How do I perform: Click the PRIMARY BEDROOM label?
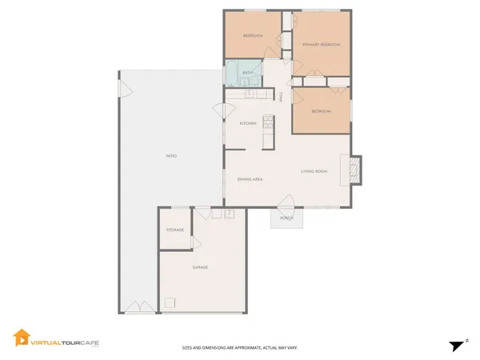click(x=321, y=45)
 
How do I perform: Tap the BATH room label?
click(x=248, y=73)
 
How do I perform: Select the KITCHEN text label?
click(x=248, y=123)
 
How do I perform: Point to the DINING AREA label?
click(x=250, y=179)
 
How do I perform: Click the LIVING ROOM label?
click(x=314, y=171)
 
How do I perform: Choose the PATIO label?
click(x=171, y=155)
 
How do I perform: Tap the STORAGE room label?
click(x=175, y=230)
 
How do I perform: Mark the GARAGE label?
click(x=200, y=267)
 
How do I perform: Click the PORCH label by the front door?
click(x=286, y=218)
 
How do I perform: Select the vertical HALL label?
click(x=281, y=97)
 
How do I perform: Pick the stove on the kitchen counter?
click(x=269, y=124)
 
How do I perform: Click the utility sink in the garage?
click(x=229, y=214)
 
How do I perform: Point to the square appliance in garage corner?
click(x=170, y=302)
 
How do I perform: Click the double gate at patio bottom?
click(x=134, y=307)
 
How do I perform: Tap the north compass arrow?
click(x=457, y=345)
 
